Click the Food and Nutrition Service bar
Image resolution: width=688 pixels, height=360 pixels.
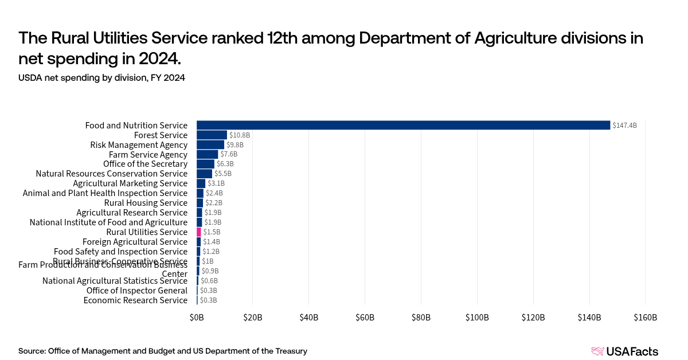coord(403,125)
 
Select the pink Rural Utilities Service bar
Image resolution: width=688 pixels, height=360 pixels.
coord(199,232)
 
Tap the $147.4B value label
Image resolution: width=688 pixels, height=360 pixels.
coord(624,126)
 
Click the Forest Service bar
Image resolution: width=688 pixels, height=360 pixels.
coord(212,135)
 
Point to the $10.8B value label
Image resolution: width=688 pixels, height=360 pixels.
coord(240,135)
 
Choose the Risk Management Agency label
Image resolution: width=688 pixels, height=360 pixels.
coord(139,145)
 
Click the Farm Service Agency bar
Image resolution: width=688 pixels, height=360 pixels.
coord(207,155)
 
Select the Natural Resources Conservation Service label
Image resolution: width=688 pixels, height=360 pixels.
coord(111,174)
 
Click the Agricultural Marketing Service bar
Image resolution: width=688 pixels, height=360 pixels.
coord(201,183)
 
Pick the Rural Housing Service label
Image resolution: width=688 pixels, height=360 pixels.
coord(146,203)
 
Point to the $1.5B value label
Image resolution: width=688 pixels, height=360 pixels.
coord(212,232)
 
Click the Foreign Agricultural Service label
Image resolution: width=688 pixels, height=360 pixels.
coord(135,242)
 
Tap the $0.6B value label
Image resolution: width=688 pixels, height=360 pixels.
coord(209,281)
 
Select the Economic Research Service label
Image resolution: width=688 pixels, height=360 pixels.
coord(135,300)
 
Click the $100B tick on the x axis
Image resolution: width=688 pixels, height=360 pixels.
coord(477,318)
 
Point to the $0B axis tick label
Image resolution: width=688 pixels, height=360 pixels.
coord(197,318)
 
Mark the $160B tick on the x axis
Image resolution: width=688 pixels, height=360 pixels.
coord(646,318)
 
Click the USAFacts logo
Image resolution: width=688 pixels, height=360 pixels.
coord(624,351)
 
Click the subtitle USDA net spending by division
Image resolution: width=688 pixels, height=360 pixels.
coord(101,78)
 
